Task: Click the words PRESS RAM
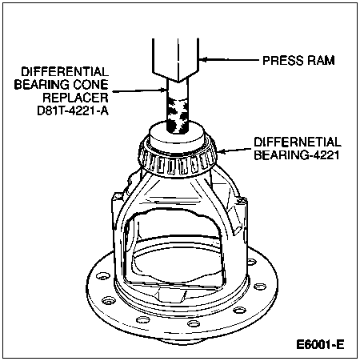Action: pyautogui.click(x=298, y=60)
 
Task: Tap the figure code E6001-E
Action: pyautogui.click(x=320, y=344)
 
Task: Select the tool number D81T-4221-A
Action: pyautogui.click(x=73, y=110)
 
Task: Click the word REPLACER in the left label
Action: pyautogui.click(x=75, y=98)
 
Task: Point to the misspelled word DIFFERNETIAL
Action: pyautogui.click(x=298, y=142)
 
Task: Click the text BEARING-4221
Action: pyautogui.click(x=297, y=155)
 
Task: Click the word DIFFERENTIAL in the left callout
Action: pyautogui.click(x=65, y=72)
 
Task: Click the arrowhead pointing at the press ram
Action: pyautogui.click(x=203, y=60)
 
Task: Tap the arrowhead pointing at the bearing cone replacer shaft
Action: pyautogui.click(x=162, y=90)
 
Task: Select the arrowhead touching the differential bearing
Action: pyautogui.click(x=221, y=151)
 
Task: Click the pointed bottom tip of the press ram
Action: pyautogui.click(x=178, y=81)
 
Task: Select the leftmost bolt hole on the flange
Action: pyautogui.click(x=103, y=276)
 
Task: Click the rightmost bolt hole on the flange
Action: pyautogui.click(x=260, y=287)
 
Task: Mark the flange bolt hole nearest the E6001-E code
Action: pyautogui.click(x=239, y=310)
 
